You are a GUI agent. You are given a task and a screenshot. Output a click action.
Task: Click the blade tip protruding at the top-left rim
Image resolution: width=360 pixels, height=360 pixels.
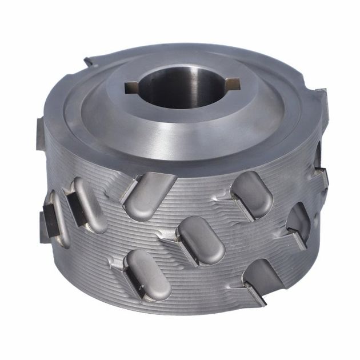coord(90,61)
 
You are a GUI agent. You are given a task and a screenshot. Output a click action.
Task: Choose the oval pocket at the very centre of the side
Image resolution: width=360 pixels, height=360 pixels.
coord(200,240)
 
